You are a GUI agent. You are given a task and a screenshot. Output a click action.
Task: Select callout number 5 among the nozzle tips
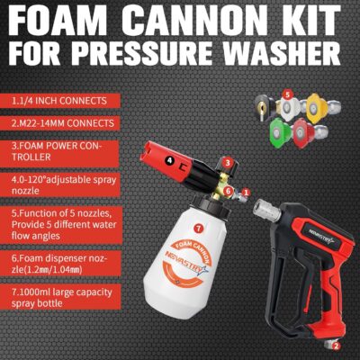[287, 93]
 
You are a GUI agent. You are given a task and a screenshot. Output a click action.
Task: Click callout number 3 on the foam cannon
[229, 162]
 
